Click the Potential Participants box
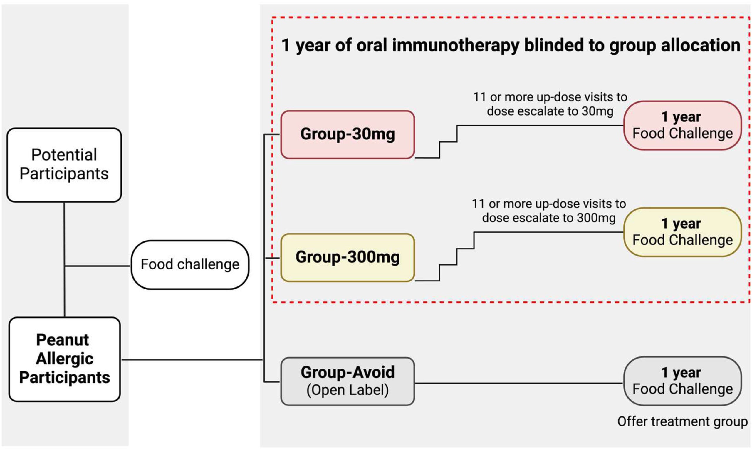tap(64, 165)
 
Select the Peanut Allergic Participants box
tap(65, 359)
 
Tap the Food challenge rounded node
tap(190, 264)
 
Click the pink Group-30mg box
tap(348, 134)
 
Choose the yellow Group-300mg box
tap(348, 257)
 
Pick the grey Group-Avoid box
tap(348, 381)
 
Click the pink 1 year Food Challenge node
tap(682, 125)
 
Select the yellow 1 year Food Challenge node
tap(682, 232)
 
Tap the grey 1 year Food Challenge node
tap(682, 381)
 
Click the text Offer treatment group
tap(682, 421)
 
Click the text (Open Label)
tap(348, 390)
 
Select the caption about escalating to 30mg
tap(550, 104)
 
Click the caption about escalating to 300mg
tap(548, 211)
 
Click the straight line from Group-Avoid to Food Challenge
tap(518, 383)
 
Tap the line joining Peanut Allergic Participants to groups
tap(192, 360)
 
